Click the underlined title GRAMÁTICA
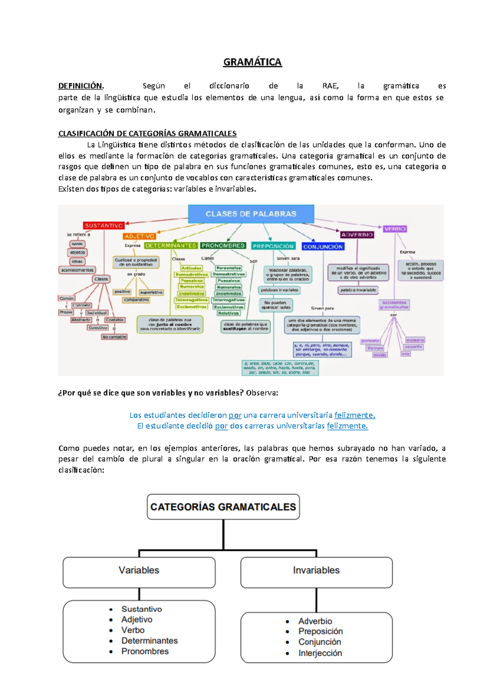click(x=252, y=62)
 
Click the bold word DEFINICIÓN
click(x=80, y=86)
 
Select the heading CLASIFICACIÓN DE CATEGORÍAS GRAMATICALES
click(x=147, y=133)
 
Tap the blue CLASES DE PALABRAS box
click(x=251, y=214)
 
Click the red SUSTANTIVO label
click(x=103, y=226)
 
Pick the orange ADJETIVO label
click(x=140, y=236)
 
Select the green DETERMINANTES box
click(x=170, y=245)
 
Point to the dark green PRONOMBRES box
click(x=223, y=245)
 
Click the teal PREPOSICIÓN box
click(x=273, y=246)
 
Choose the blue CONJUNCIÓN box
click(x=323, y=246)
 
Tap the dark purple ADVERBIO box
click(x=357, y=235)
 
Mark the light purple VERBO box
click(x=395, y=229)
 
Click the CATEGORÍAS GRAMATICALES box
click(x=223, y=507)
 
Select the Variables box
click(x=139, y=570)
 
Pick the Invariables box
click(x=316, y=570)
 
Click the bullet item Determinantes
click(x=149, y=641)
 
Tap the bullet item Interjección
click(x=320, y=653)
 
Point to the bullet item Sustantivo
click(x=142, y=609)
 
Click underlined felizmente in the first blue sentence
click(x=355, y=415)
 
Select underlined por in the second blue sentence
click(x=221, y=426)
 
